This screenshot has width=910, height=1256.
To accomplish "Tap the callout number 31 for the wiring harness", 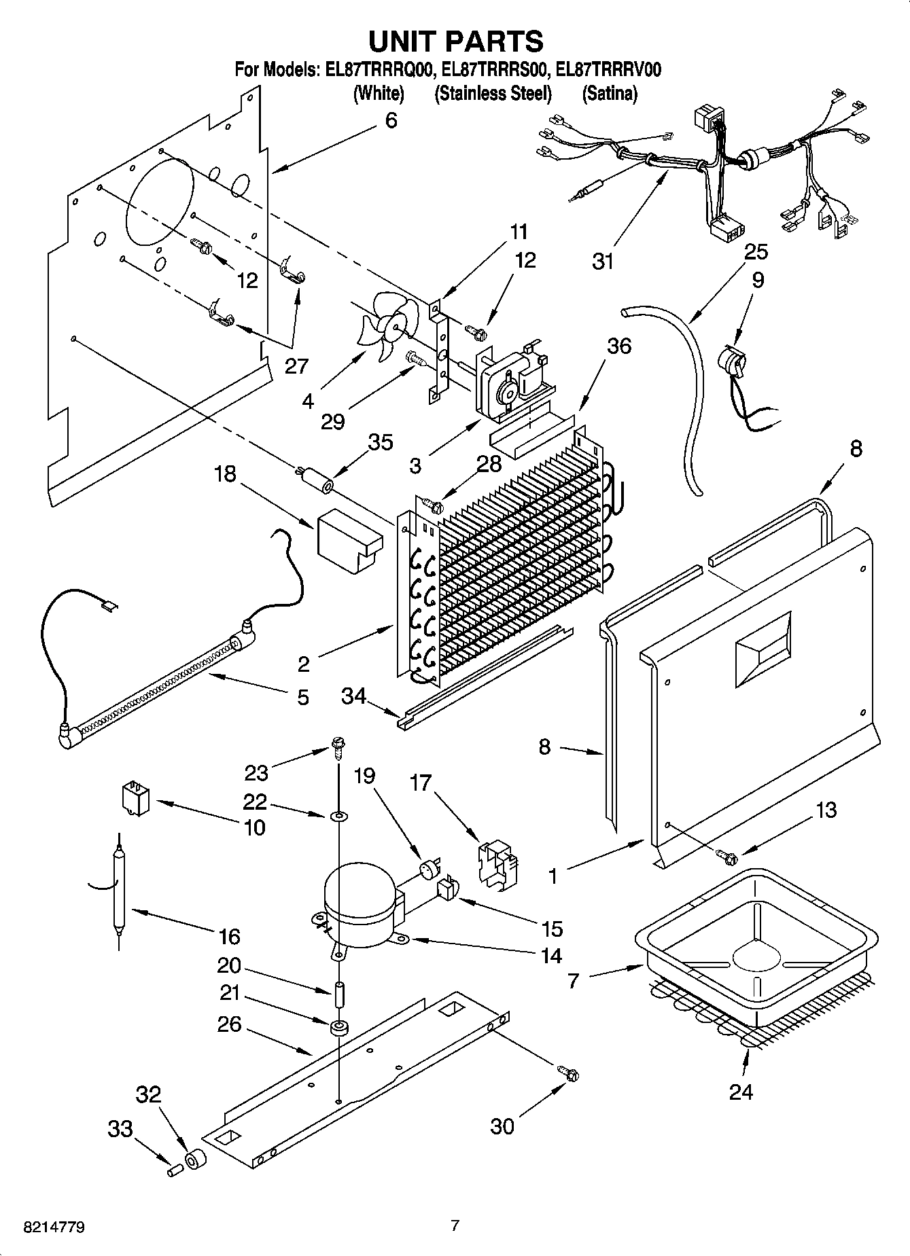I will click(x=603, y=262).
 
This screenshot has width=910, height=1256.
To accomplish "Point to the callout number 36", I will click(x=618, y=346).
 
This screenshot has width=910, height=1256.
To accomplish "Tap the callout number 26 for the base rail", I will click(x=230, y=1024).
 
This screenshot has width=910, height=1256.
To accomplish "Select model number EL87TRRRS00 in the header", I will click(x=494, y=70).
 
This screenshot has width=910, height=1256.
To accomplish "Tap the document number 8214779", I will click(x=54, y=1227).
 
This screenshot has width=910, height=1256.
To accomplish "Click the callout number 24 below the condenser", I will click(x=741, y=1092).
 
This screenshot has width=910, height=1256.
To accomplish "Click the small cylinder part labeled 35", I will click(x=315, y=478).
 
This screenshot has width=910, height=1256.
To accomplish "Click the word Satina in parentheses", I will click(x=610, y=94).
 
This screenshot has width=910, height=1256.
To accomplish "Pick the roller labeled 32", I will click(x=195, y=1160).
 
